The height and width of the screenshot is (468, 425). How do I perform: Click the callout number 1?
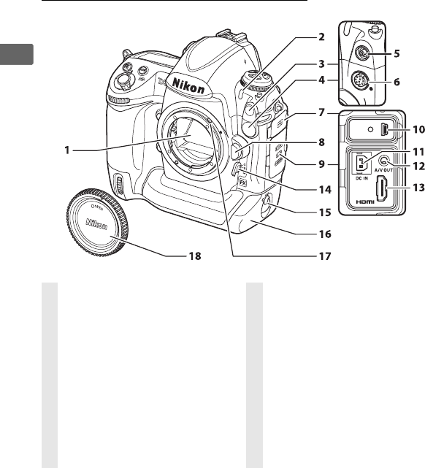click(67, 150)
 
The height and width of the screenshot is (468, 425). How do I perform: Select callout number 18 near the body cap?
click(195, 256)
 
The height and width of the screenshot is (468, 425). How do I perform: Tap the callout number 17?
click(325, 256)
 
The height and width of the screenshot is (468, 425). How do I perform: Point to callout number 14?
click(325, 190)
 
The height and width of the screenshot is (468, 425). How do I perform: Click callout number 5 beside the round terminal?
click(397, 54)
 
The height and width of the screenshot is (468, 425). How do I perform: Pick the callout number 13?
click(418, 188)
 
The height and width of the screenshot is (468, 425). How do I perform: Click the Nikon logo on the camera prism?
click(188, 85)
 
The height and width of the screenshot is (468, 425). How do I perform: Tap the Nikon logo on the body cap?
click(96, 224)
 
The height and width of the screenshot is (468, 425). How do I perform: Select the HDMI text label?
click(365, 202)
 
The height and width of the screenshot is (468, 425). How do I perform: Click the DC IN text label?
click(361, 178)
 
